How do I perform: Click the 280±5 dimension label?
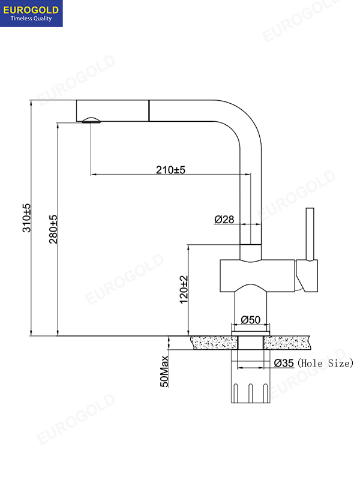(x=53, y=229)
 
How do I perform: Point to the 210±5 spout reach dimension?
(x=170, y=170)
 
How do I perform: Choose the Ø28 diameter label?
(x=224, y=220)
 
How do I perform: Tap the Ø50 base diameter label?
(x=250, y=320)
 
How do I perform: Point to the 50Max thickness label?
(x=164, y=370)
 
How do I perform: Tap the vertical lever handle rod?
(x=310, y=234)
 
